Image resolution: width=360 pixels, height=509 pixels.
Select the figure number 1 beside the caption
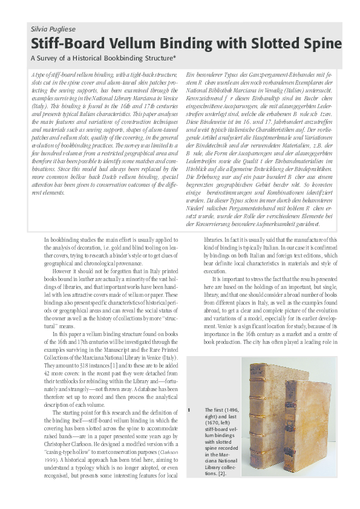coord(189,410)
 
